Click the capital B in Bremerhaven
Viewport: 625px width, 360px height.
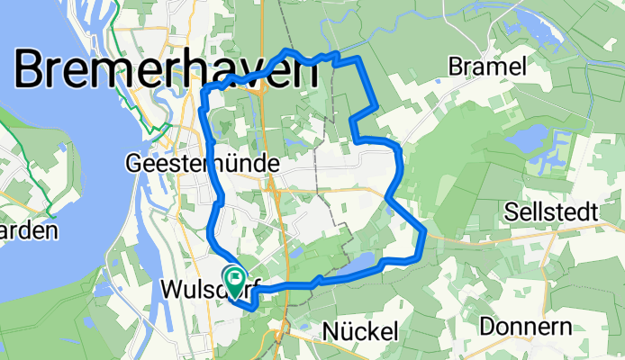(x=33, y=69)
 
